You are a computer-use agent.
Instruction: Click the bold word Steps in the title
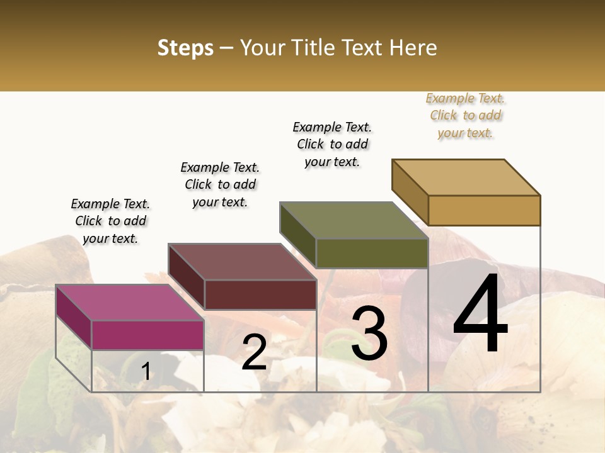pos(185,48)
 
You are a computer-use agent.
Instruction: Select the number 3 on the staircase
pos(369,333)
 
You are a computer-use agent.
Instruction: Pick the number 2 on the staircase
pos(254,352)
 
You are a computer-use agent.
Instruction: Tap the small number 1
pos(146,372)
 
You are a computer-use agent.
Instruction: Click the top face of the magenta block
pos(129,302)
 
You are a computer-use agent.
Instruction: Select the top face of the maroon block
pos(241,261)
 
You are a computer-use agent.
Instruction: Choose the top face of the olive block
pos(354,220)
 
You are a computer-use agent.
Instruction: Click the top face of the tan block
pos(466,177)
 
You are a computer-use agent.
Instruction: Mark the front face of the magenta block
pos(147,335)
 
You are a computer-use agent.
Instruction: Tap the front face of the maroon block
pos(260,294)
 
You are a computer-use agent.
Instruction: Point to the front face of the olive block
pos(372,253)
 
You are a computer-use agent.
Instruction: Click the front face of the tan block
pos(484,210)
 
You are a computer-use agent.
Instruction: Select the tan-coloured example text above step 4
pos(465,116)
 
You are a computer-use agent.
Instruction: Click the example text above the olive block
pos(332,144)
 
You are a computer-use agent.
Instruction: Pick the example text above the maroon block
pos(220,184)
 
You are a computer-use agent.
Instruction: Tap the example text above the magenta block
pos(110,221)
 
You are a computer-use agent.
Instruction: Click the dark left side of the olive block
pos(297,234)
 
